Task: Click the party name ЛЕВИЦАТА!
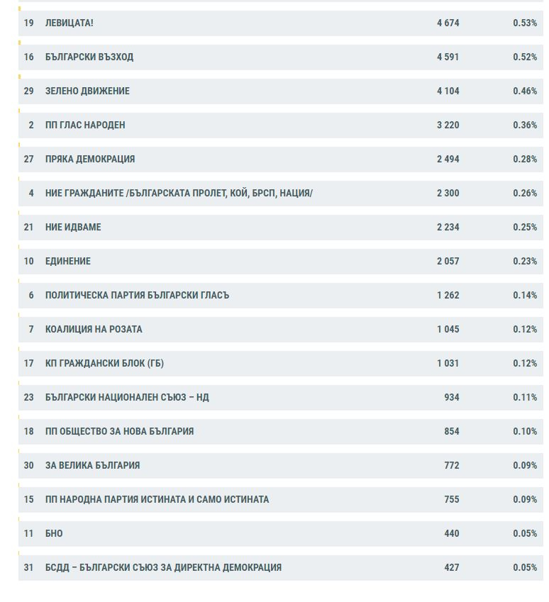(69, 23)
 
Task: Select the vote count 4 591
(448, 57)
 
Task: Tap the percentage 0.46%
(525, 91)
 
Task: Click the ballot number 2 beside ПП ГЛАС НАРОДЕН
(31, 126)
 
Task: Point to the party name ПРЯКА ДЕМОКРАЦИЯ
(90, 160)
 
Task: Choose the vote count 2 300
(448, 193)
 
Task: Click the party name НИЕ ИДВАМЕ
(73, 228)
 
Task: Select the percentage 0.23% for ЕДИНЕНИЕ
(525, 262)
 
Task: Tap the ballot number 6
(31, 295)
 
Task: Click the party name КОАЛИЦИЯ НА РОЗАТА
(94, 330)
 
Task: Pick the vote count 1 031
(448, 363)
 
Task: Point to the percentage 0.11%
(525, 397)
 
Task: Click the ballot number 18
(29, 432)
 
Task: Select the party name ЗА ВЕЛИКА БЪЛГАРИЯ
(93, 465)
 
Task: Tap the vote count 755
(451, 499)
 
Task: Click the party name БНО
(54, 534)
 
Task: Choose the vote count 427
(451, 567)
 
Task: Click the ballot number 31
(29, 567)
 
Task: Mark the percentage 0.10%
(525, 432)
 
